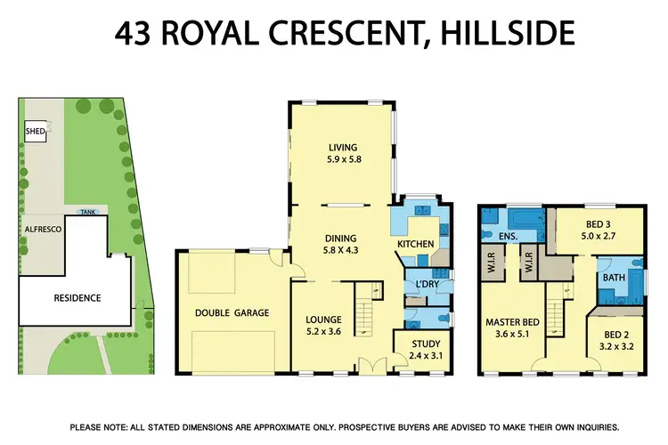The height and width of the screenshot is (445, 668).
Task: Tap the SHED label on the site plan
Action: tap(35, 133)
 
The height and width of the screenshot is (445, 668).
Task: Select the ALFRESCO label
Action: tap(42, 229)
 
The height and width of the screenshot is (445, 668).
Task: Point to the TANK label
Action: tap(87, 212)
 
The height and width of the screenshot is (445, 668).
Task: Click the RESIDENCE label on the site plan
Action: tap(77, 297)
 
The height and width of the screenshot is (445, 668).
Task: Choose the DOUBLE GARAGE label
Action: tap(232, 312)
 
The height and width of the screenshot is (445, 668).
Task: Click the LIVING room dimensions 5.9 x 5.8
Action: tap(342, 160)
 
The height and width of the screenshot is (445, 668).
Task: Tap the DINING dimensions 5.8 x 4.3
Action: tap(341, 251)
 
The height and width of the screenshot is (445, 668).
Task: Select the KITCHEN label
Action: tap(416, 243)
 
